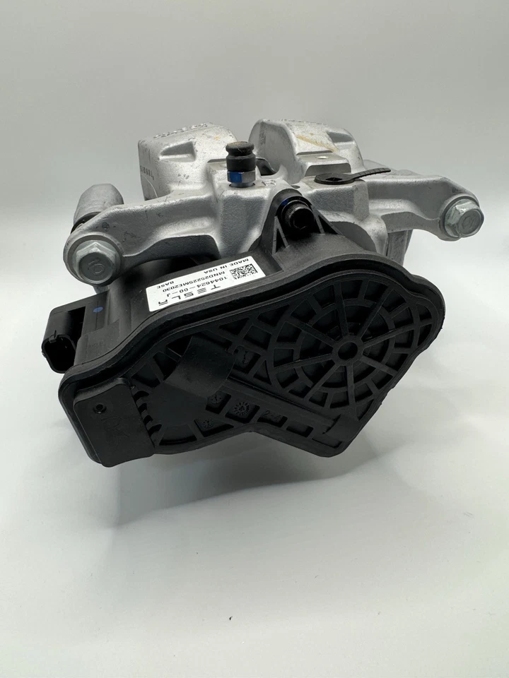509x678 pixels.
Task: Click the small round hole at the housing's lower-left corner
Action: tap(99, 408)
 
